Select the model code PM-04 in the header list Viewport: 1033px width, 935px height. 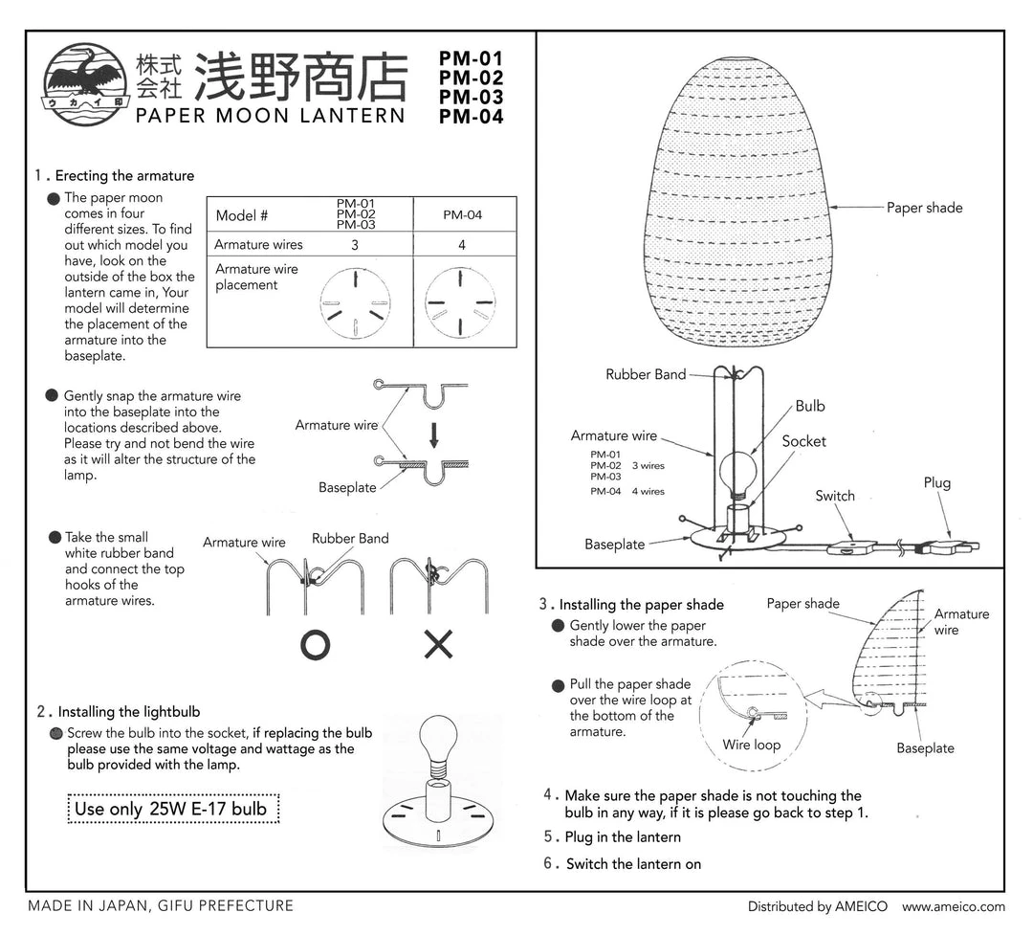(471, 118)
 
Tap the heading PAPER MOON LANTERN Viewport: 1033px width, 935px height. (271, 116)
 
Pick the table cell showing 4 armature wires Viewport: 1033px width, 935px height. (462, 245)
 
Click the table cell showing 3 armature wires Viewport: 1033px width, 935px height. (354, 245)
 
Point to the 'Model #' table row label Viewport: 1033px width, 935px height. (242, 215)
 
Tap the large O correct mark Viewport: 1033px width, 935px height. (315, 646)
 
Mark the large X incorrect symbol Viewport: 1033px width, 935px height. (438, 646)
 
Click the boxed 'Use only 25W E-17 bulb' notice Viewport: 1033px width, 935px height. (171, 809)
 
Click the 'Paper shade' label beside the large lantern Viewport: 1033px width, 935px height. (924, 208)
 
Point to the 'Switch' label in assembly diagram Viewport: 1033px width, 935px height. (834, 496)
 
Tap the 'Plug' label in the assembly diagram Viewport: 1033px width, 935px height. (936, 482)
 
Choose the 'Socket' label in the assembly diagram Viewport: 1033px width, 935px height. (803, 441)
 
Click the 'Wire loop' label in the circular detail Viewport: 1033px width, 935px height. (751, 745)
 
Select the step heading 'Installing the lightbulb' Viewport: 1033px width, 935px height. (128, 711)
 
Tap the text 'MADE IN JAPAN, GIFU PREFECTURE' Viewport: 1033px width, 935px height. (160, 905)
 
